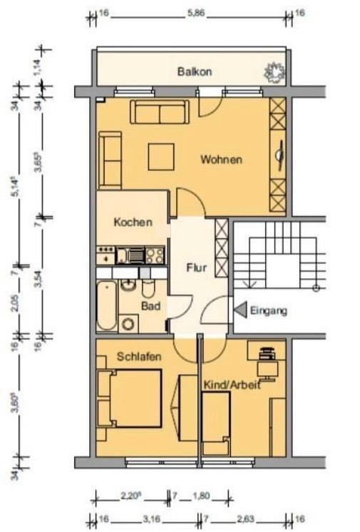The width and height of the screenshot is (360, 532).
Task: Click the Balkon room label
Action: click(194, 72)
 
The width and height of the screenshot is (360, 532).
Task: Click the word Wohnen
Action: click(221, 159)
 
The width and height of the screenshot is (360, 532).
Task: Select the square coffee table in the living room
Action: click(161, 157)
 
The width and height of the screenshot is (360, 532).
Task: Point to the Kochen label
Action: click(133, 222)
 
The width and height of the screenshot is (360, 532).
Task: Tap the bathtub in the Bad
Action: click(106, 306)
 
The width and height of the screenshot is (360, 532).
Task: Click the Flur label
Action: click(196, 269)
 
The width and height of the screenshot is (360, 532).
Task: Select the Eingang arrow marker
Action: click(240, 310)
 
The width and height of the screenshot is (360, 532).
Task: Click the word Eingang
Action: click(269, 311)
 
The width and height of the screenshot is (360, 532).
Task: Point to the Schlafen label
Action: click(139, 357)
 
